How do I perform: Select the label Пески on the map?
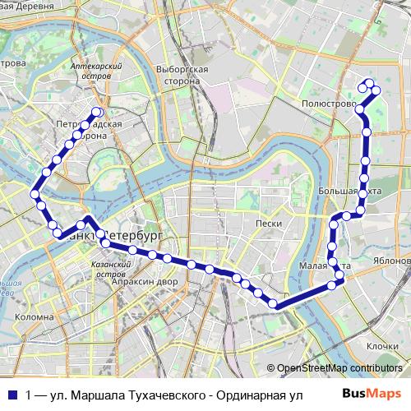269,224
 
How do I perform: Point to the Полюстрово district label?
328,106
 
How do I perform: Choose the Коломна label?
34,316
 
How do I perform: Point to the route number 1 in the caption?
30,395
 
